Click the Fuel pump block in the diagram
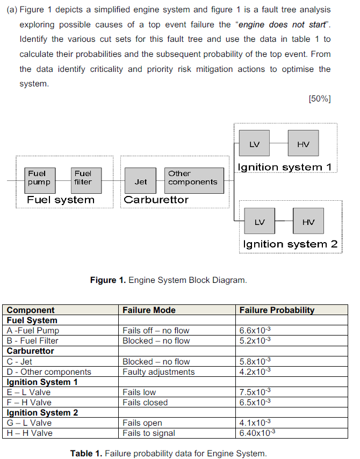(x=39, y=178)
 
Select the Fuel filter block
(x=83, y=178)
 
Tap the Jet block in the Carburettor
(x=141, y=181)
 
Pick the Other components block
(x=194, y=178)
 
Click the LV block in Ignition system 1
(x=255, y=144)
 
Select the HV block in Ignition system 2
(x=308, y=221)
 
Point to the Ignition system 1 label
(x=285, y=167)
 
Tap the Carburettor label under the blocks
(x=156, y=200)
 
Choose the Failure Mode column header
(x=149, y=310)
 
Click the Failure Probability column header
(x=277, y=310)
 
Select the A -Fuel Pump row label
(x=33, y=331)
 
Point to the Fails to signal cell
(x=149, y=433)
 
